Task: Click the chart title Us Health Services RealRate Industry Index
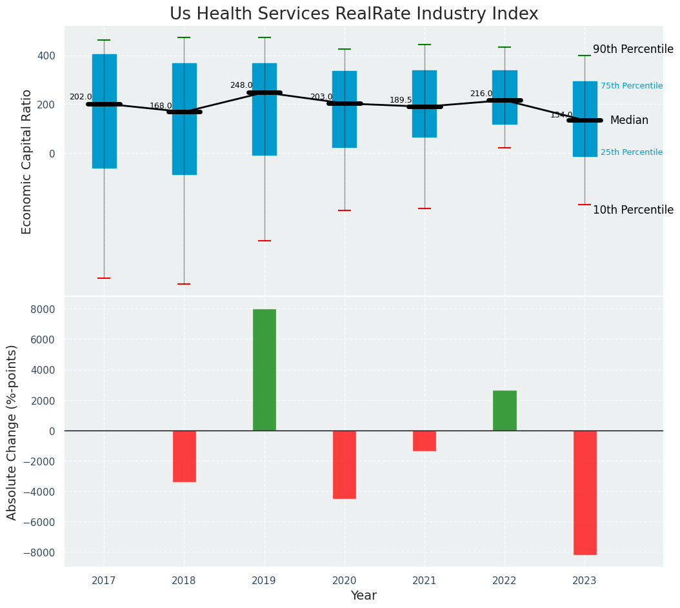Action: (354, 14)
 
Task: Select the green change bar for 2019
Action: (264, 369)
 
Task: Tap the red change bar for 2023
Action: (585, 492)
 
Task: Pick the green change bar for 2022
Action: (505, 410)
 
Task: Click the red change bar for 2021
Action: (425, 441)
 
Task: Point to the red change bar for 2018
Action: (184, 456)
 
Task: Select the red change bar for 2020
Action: (345, 465)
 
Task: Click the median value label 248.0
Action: (241, 85)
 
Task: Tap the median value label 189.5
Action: (401, 100)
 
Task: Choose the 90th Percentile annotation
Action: (633, 50)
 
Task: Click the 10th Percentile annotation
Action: (633, 210)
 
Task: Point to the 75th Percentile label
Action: (631, 86)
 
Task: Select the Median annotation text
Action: (629, 121)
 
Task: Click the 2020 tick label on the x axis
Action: (345, 581)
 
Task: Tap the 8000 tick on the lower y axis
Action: (43, 309)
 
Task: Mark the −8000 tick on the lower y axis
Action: (40, 552)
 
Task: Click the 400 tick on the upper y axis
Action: (46, 56)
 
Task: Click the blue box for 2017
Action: (105, 111)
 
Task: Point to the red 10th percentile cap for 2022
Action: (505, 148)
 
